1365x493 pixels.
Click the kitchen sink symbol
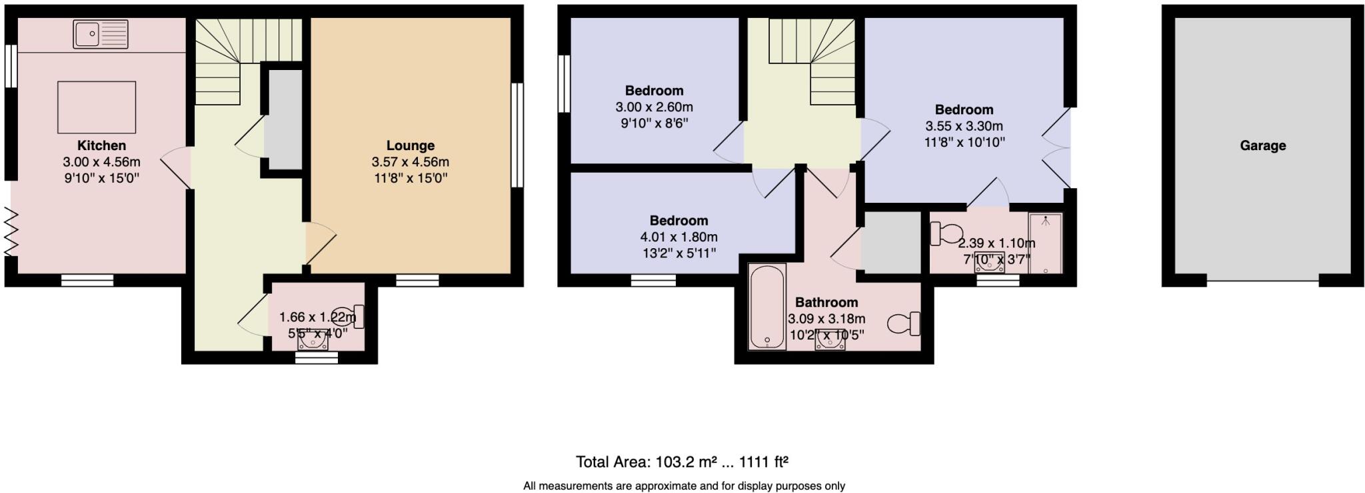click(101, 34)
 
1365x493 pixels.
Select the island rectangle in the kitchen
click(97, 107)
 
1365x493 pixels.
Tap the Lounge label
click(410, 145)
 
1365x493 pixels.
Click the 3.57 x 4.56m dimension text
click(410, 162)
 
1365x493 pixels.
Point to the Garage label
click(1262, 145)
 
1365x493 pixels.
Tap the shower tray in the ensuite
click(1044, 243)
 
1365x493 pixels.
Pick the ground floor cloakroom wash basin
click(312, 342)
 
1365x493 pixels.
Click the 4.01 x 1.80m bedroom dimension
click(679, 237)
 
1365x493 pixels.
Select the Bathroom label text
click(826, 302)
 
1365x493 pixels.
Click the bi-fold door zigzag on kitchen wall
click(11, 231)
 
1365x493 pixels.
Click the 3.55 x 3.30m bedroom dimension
click(963, 126)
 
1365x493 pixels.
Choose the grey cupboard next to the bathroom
click(891, 242)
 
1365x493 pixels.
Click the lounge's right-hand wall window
click(517, 135)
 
